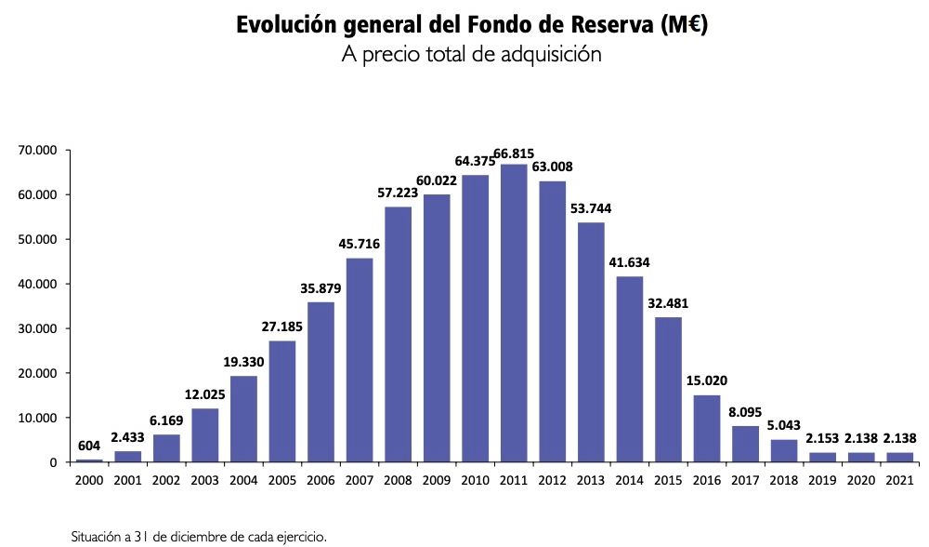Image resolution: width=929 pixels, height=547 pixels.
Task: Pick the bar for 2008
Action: click(x=398, y=335)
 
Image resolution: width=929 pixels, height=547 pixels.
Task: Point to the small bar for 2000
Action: click(x=89, y=460)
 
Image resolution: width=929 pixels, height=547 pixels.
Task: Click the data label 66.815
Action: click(x=514, y=153)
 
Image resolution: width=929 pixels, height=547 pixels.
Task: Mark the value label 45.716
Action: click(x=360, y=246)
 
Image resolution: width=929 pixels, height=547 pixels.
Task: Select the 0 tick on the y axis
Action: click(x=53, y=462)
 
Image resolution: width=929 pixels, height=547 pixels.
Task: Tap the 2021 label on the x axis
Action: click(x=899, y=483)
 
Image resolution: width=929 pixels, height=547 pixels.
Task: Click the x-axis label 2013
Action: click(x=591, y=483)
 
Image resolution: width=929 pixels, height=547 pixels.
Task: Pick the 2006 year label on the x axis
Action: click(x=321, y=483)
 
